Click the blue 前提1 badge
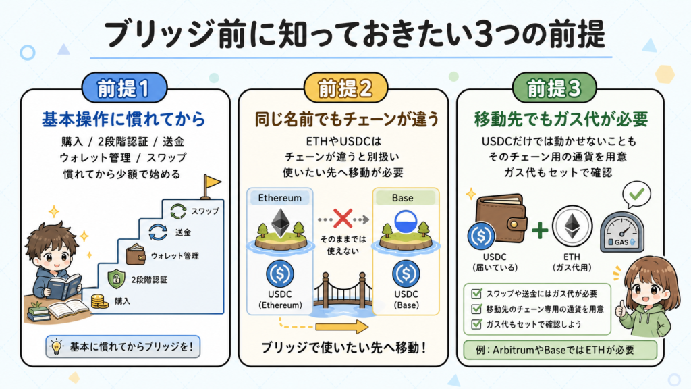pos(124,88)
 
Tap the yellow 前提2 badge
pos(345,88)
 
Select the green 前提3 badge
pos(555,88)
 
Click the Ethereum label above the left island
pos(280,198)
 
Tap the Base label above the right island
pos(402,198)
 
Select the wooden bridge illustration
pos(343,293)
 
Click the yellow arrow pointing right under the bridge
pos(342,327)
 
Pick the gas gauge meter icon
pos(621,232)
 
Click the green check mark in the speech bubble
pos(636,194)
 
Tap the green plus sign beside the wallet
pos(540,230)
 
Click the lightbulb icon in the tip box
pos(57,346)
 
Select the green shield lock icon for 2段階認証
pos(116,279)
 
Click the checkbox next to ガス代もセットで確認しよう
pos(476,324)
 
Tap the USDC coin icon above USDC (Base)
pos(406,274)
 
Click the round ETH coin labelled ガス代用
pos(572,227)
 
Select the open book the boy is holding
pos(64,286)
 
